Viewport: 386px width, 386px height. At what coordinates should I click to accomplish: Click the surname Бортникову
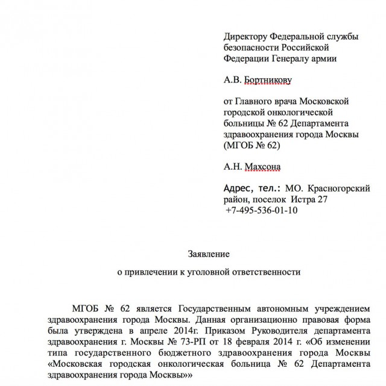(x=270, y=80)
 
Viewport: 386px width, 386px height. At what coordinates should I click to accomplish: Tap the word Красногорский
(x=339, y=188)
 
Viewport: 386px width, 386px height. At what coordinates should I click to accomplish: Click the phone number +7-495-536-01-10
(x=261, y=211)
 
